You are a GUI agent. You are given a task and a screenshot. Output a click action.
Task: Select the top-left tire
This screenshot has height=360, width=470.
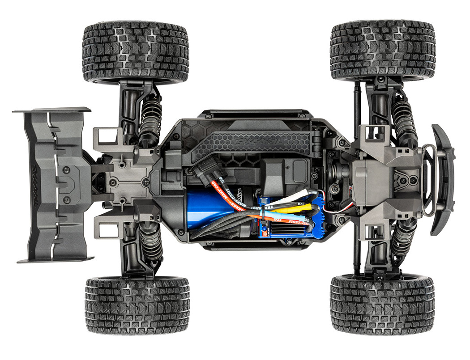click(135, 53)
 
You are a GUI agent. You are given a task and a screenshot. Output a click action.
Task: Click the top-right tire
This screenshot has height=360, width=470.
click(383, 50)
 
